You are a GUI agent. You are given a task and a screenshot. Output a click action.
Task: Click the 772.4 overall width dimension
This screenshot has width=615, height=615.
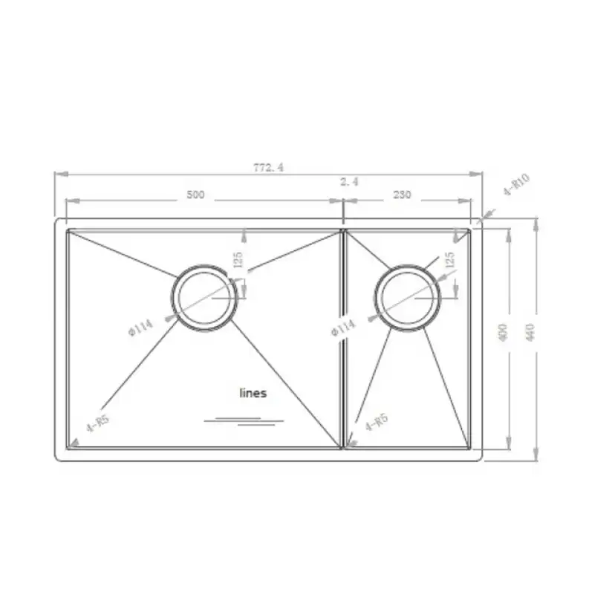coord(268,168)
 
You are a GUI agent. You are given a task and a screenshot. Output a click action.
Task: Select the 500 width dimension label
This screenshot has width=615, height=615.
coord(195,195)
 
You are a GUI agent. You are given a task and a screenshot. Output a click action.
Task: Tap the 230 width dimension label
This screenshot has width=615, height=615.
coord(402,195)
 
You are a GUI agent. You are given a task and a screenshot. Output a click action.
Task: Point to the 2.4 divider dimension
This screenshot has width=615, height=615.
coord(349,181)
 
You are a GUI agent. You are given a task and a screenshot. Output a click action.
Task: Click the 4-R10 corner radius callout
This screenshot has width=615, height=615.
coord(516,184)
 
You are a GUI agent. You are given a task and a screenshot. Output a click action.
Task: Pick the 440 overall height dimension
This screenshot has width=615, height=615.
coord(530,332)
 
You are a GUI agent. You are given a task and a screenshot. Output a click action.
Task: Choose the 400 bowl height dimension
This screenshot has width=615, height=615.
coord(504,332)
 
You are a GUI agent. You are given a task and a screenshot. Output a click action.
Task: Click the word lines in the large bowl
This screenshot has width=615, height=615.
coord(253,393)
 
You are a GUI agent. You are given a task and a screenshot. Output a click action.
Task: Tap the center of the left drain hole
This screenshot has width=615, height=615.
coord(204,298)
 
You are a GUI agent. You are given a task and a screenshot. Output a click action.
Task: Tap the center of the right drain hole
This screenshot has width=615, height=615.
coord(408,298)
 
